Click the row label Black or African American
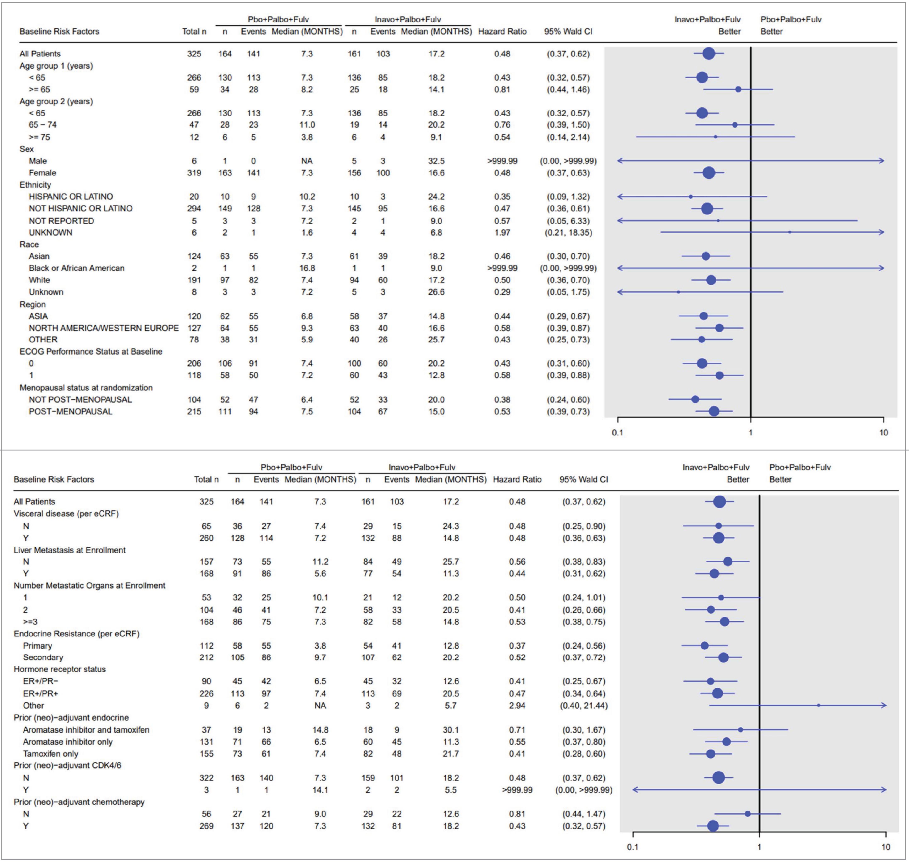(76, 268)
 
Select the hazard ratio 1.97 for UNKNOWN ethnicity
(502, 232)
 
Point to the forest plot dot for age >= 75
(715, 137)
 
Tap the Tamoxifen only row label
(51, 754)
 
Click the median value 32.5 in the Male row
(436, 161)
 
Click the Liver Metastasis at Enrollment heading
(70, 550)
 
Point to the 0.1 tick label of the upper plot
(617, 432)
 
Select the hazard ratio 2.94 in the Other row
(517, 705)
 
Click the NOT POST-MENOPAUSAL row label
(80, 399)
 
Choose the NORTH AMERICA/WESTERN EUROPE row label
(103, 328)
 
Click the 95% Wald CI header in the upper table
(568, 31)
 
